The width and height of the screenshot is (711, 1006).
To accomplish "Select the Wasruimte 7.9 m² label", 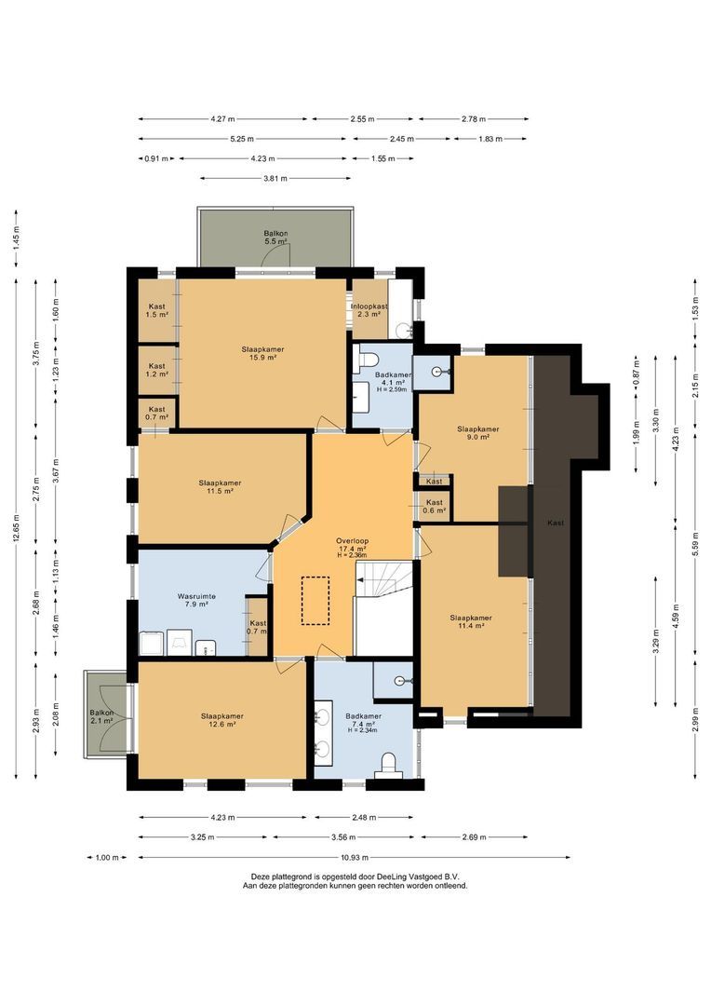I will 196,599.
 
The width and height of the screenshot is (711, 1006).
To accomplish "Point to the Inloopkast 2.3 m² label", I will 369,310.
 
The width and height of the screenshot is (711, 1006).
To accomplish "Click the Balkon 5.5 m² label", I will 275,237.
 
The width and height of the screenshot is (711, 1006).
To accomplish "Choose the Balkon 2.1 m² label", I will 101,716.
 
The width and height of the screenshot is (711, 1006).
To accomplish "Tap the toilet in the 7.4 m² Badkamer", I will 389,764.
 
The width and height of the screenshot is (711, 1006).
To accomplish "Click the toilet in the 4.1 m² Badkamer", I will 369,359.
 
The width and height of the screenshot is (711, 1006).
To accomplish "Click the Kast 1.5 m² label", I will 157,310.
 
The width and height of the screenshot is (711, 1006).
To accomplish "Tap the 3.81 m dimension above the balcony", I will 275,178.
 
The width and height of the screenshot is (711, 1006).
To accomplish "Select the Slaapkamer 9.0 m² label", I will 477,433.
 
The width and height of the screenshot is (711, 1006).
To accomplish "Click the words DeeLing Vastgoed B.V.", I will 419,877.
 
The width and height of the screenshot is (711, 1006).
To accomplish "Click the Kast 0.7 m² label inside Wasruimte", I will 258,627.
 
